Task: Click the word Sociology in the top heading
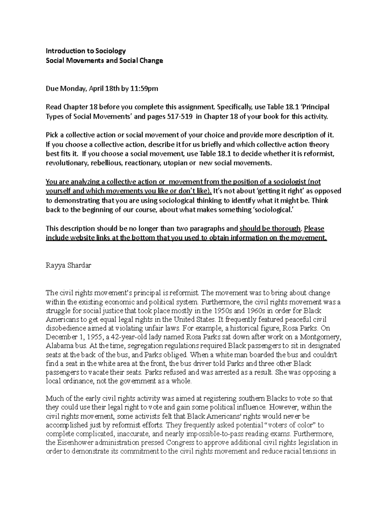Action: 110,51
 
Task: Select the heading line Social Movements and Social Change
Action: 104,60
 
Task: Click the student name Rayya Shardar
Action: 69,265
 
